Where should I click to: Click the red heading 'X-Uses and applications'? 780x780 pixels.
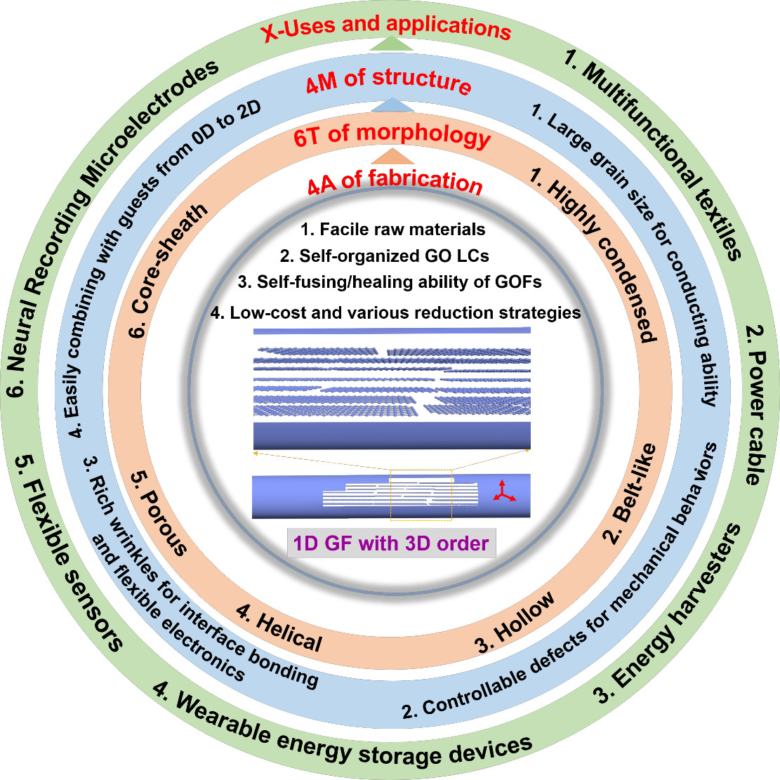click(386, 28)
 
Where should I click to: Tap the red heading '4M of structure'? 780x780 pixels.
click(388, 80)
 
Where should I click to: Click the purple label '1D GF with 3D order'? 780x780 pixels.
click(391, 543)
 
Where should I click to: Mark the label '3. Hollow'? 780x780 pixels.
click(516, 622)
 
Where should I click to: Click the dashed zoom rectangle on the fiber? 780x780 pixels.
click(421, 495)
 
